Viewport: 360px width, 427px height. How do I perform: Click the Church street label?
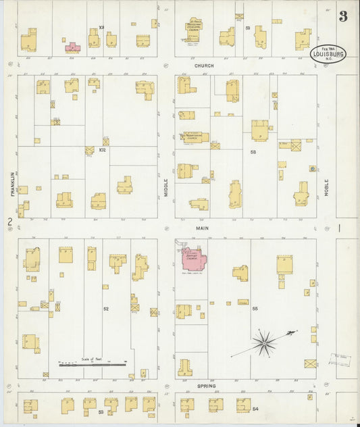coord(202,66)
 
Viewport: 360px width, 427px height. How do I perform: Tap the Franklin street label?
coord(13,184)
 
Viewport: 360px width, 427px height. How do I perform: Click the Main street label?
coord(202,228)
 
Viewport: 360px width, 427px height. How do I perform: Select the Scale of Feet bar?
coord(92,365)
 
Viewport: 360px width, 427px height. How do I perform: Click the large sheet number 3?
coord(343,16)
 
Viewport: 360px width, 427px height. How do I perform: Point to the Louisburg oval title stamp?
coord(328,54)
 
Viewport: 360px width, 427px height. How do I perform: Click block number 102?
coord(103,149)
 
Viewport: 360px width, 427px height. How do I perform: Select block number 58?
coord(253,153)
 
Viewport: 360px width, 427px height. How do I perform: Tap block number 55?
coord(255,308)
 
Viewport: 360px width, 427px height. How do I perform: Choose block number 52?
coord(106,309)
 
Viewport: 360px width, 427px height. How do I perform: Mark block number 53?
coord(101,411)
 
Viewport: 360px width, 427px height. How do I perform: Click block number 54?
coord(255,409)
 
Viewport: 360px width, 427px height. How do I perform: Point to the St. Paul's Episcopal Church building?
coord(195,28)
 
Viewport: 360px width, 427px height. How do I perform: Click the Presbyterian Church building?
coord(194,136)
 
